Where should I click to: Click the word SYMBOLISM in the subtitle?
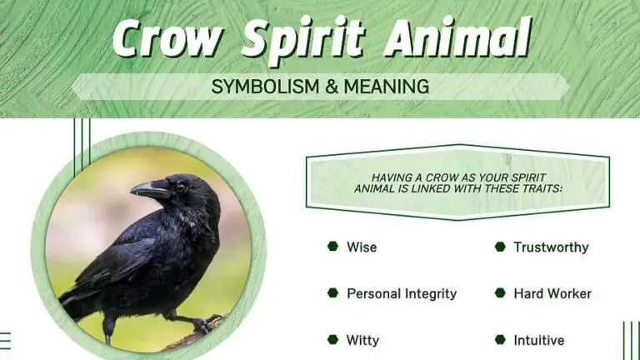point(260,86)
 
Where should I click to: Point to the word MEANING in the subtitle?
point(391,86)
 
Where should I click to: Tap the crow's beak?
point(147,190)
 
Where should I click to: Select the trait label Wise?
point(362,247)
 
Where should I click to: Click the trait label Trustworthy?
point(551,247)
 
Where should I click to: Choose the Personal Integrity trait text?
point(402,294)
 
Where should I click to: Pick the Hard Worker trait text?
point(552,294)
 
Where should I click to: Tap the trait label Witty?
point(362,340)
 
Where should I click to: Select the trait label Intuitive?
point(538,340)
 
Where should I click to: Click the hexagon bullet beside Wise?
point(332,247)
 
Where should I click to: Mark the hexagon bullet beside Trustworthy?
point(500,247)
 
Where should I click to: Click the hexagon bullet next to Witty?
point(332,340)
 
